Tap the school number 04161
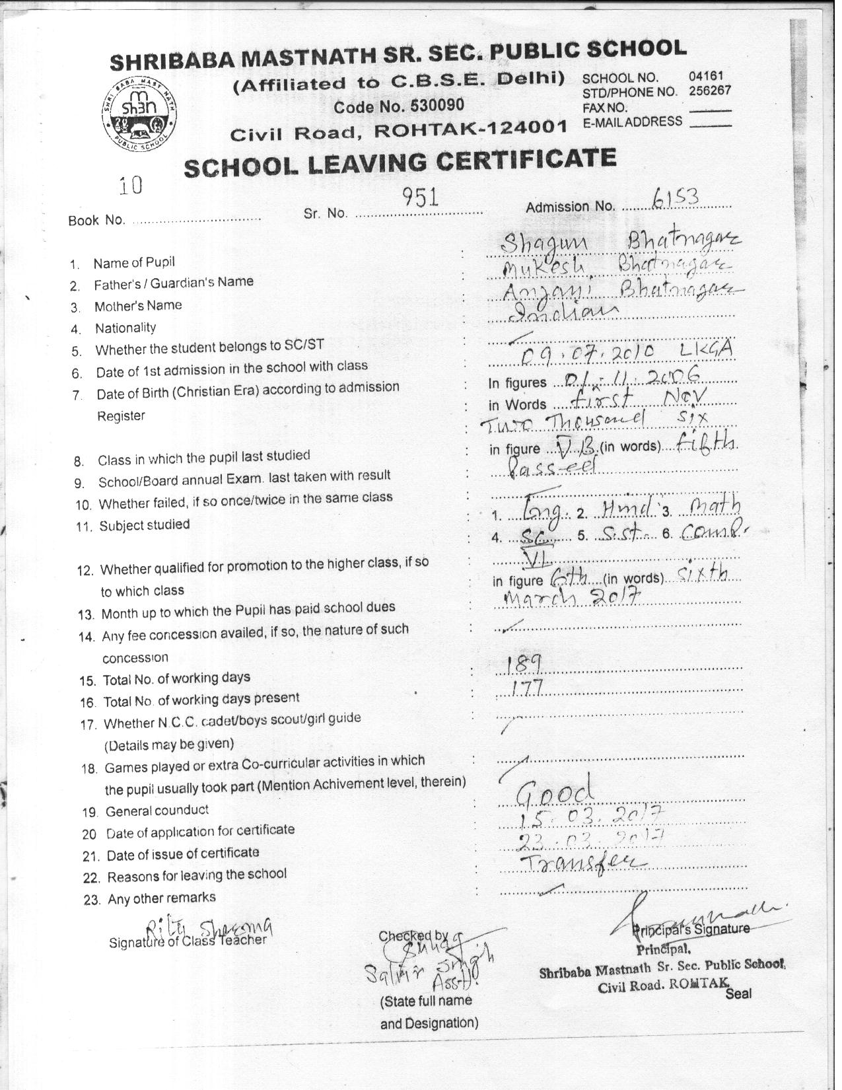point(707,77)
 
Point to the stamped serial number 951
point(421,197)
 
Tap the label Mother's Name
point(138,306)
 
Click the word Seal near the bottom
point(738,993)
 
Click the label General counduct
point(157,811)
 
